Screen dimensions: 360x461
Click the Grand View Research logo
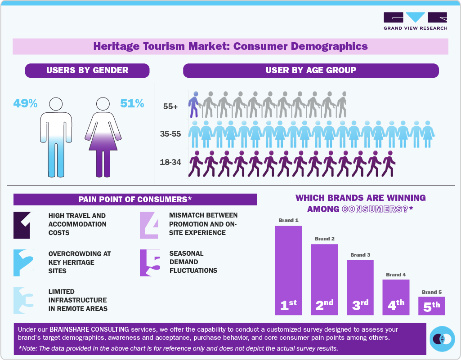pos(415,21)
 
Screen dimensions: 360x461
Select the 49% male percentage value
pos(25,103)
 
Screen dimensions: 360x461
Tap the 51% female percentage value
pos(132,103)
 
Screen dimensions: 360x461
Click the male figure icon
pos(56,137)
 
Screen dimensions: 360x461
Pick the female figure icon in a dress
pos(103,137)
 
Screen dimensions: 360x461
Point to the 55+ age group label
pos(170,107)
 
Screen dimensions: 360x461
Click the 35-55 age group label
pos(170,133)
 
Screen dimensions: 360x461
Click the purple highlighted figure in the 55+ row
pos(194,105)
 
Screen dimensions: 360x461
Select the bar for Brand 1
pos(288,270)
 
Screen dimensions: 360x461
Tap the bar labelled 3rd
pos(360,288)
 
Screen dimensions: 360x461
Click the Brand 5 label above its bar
pos(432,292)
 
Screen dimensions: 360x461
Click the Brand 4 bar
pos(396,297)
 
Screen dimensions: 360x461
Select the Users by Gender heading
pos(87,71)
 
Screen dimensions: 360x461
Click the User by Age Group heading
pos(311,71)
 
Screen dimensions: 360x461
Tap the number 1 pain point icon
pos(22,225)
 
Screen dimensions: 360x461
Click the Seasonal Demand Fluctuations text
pos(193,262)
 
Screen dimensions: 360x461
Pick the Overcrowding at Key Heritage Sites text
pos(79,262)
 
